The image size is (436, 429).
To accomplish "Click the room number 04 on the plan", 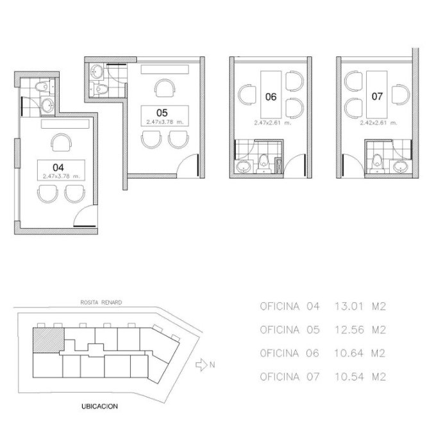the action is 58,167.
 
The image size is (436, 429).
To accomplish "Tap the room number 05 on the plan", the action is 162,113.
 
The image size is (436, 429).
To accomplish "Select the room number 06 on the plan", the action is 271,97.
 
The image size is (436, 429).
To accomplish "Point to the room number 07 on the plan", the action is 377,96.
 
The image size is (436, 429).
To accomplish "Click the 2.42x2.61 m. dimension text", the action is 378,123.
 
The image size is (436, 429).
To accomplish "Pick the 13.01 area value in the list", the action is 349,307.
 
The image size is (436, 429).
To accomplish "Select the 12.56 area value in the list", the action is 349,330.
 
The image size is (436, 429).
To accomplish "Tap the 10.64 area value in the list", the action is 349,353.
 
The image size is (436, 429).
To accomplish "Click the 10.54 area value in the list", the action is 349,376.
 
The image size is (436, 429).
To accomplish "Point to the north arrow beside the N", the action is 201,365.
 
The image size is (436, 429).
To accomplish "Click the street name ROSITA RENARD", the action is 101,302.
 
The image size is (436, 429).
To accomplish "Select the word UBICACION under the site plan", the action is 99,406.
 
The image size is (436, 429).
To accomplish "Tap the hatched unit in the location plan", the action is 48,341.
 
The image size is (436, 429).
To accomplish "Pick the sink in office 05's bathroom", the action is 96,71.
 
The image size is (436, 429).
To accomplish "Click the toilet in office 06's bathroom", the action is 264,163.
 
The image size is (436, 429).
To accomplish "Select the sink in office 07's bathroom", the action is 400,166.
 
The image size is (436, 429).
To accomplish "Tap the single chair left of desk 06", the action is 247,95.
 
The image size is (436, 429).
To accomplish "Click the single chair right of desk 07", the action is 401,94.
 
